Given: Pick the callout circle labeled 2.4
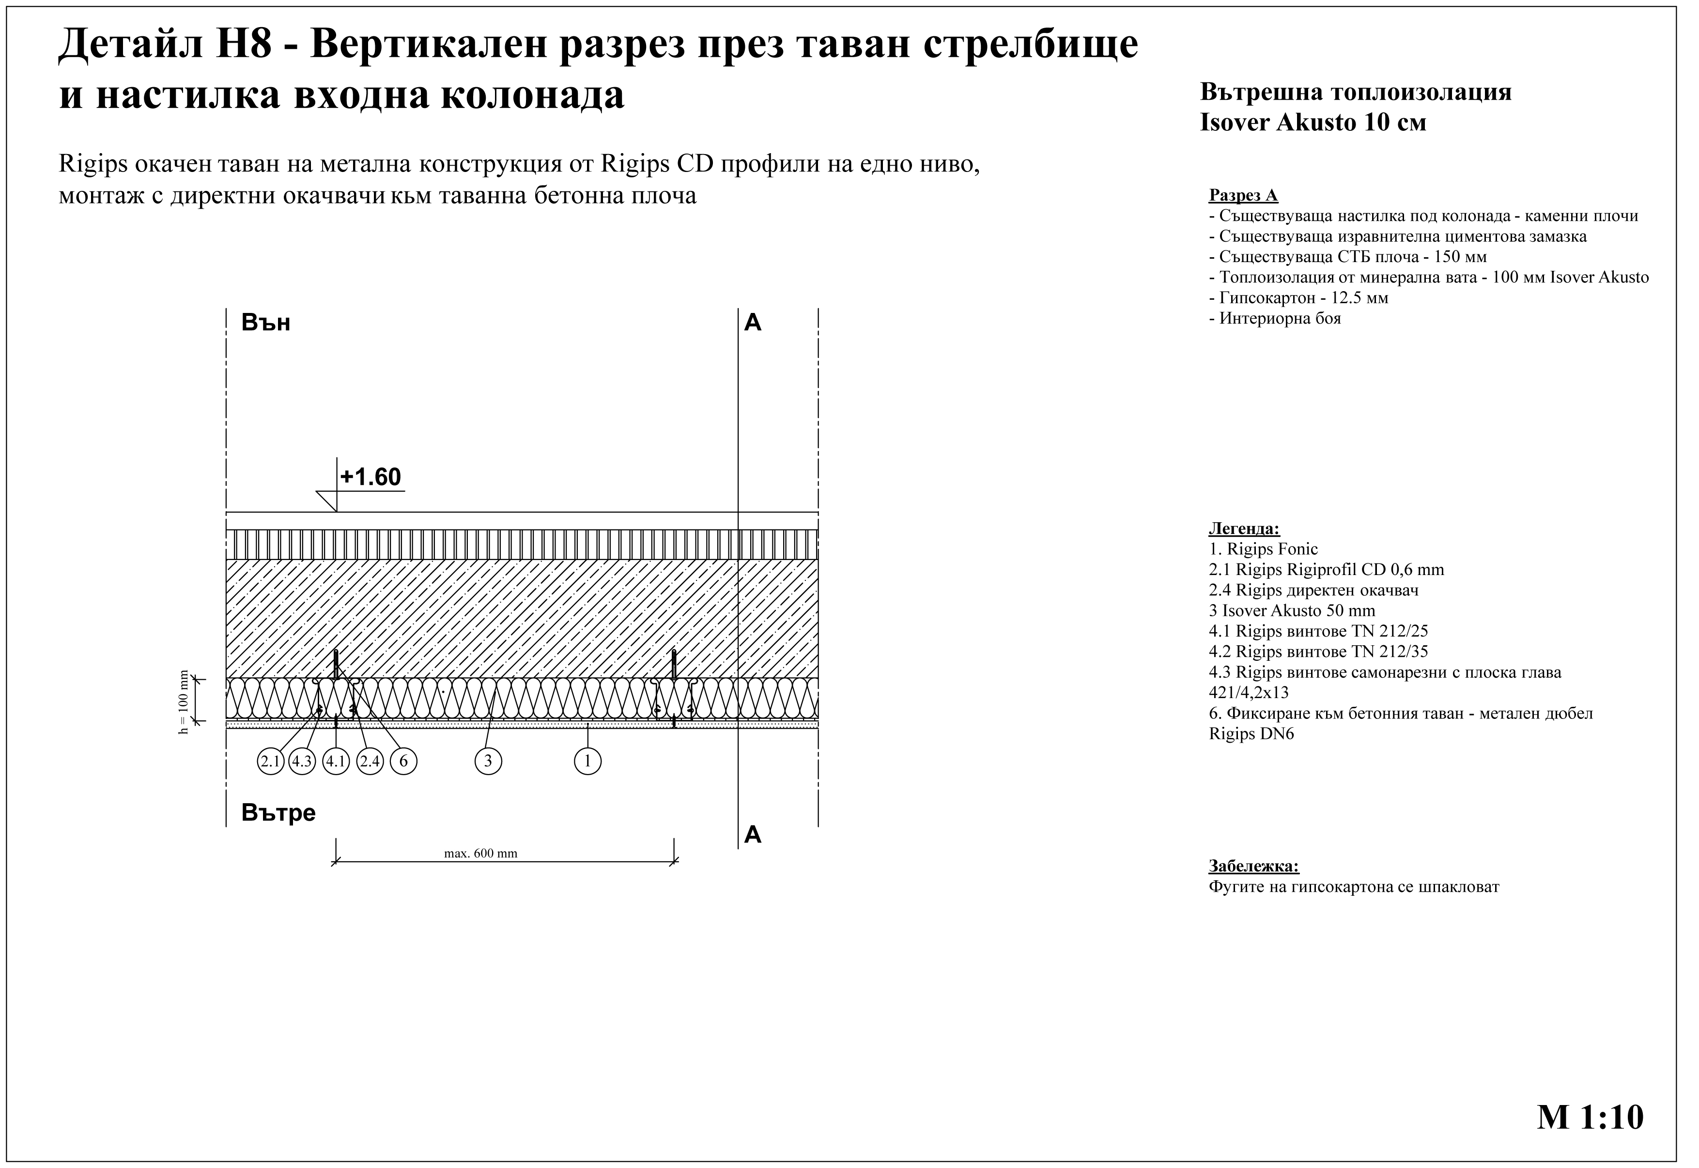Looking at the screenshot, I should (x=370, y=762).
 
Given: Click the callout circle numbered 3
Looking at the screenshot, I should (x=488, y=762).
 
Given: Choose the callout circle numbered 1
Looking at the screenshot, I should (x=587, y=762).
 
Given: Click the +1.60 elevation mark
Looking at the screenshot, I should (x=370, y=477).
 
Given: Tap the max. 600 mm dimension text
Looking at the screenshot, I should (x=481, y=853).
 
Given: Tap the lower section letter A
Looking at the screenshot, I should (x=753, y=835).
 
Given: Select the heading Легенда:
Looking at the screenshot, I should (x=1244, y=529).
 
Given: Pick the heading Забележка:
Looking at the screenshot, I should (x=1253, y=867).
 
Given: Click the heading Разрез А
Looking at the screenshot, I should (x=1243, y=195).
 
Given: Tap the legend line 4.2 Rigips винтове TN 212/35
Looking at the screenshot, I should (x=1318, y=651).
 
